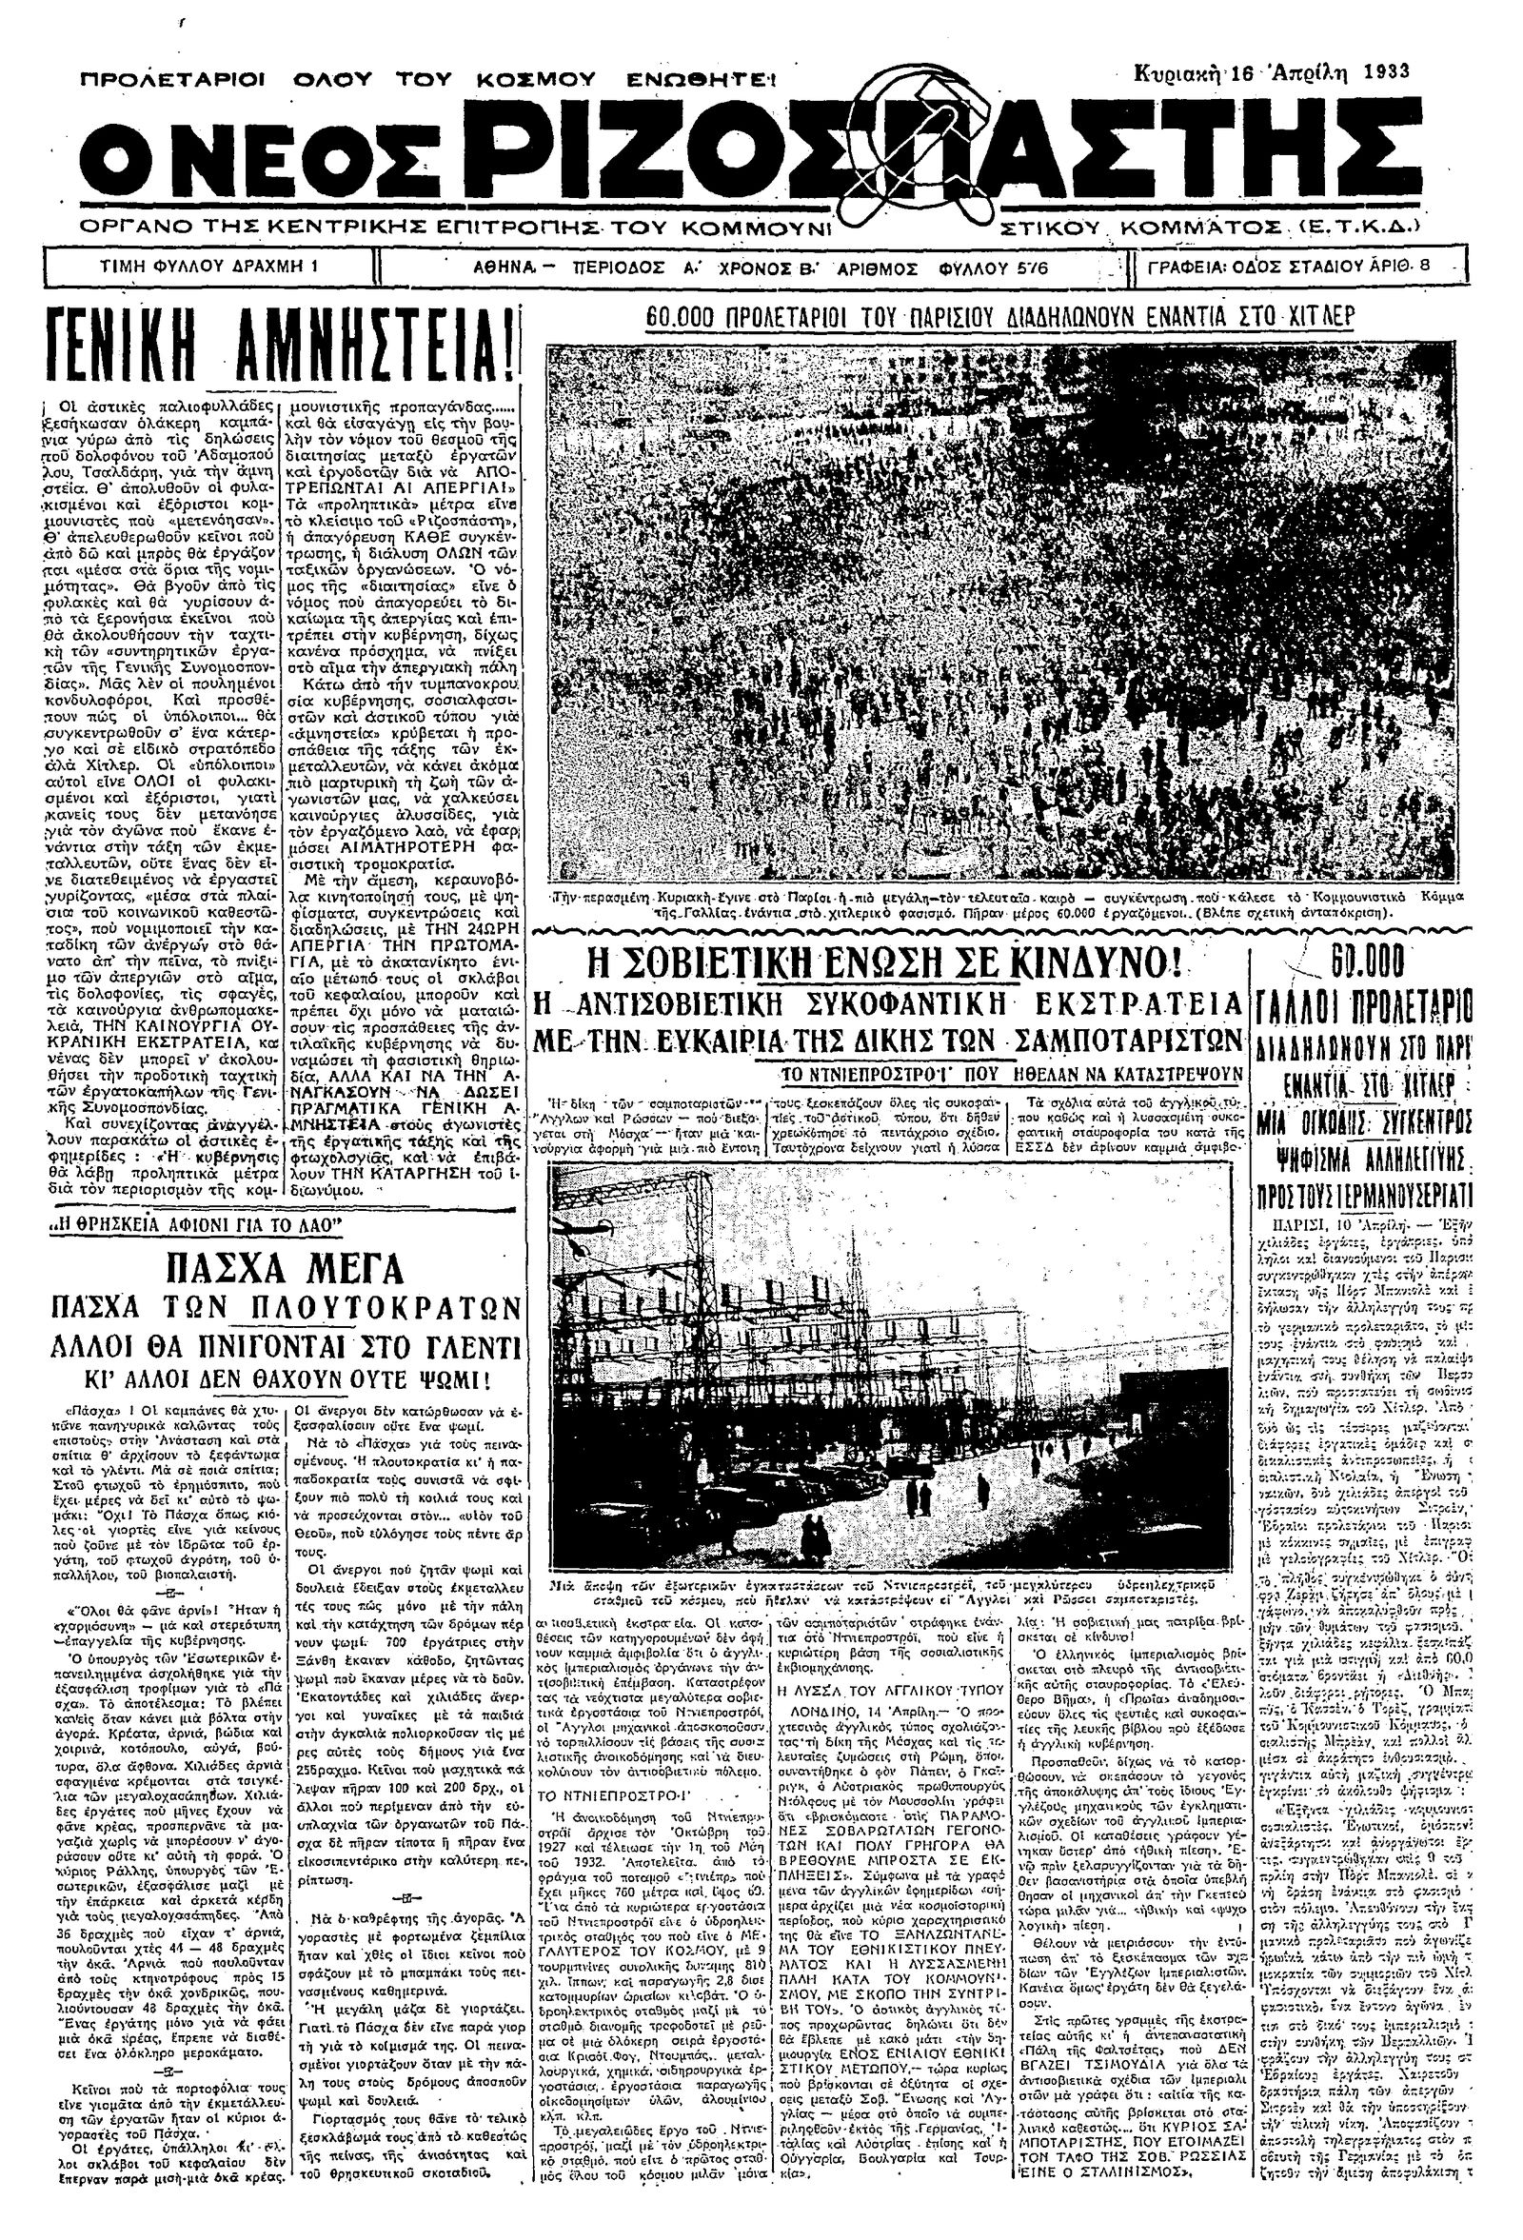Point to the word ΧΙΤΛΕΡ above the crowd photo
1320,317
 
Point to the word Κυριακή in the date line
1176,71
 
